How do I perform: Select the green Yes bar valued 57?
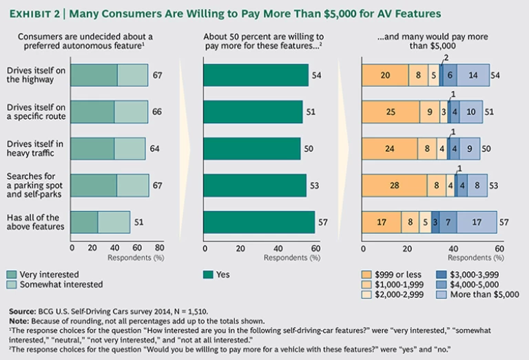coord(259,222)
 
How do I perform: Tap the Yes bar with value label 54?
coord(256,75)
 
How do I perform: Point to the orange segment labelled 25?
coord(390,112)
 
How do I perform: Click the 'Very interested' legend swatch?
coord(10,274)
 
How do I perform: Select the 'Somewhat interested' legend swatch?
coord(10,284)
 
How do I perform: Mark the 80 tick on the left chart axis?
coord(159,248)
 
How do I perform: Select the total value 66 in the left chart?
coord(157,112)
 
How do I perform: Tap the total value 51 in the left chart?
coord(139,222)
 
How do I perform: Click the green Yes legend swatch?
coord(209,274)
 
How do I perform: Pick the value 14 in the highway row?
coord(473,75)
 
